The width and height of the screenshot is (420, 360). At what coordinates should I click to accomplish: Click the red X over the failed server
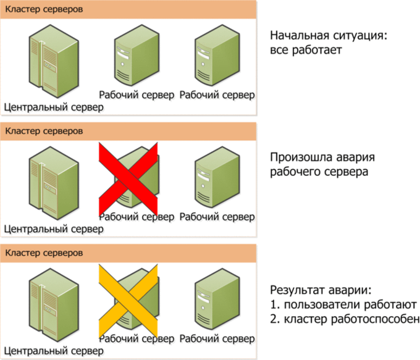(128, 179)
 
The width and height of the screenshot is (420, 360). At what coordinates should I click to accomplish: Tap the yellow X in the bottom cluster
(128, 301)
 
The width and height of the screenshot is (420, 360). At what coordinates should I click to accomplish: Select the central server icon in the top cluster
(54, 61)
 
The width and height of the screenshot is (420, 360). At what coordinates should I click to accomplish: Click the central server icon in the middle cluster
(54, 183)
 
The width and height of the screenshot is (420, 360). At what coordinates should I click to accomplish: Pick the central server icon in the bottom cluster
(54, 305)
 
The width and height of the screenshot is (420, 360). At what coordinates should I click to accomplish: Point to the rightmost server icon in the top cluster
(217, 55)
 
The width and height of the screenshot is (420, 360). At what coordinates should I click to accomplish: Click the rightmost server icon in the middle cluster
(217, 177)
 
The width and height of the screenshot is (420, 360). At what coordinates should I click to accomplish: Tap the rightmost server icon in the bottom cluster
(217, 299)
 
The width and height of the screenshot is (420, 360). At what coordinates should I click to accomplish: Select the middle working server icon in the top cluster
(137, 55)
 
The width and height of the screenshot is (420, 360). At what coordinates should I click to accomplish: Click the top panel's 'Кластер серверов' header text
(44, 9)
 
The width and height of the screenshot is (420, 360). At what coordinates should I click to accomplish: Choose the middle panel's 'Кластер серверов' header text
(44, 132)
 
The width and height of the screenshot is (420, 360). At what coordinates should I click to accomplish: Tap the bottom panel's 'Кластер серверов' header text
(44, 253)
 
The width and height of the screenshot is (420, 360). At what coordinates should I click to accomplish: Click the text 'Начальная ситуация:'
(329, 35)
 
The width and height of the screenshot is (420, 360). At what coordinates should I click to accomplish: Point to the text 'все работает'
(306, 50)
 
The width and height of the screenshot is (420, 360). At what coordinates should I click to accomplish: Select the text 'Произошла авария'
(322, 157)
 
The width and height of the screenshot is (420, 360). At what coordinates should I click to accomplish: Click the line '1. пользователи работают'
(343, 304)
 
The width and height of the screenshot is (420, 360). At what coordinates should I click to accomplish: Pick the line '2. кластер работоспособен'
(345, 319)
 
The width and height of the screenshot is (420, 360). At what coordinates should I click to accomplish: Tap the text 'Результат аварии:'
(321, 290)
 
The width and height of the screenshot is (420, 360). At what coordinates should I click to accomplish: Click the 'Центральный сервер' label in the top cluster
(54, 107)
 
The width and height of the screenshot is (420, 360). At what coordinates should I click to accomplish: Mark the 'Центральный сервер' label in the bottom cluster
(54, 351)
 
